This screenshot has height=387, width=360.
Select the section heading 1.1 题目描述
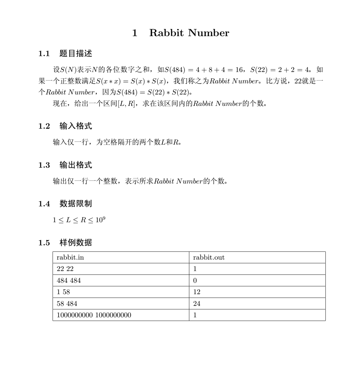pyautogui.click(x=65, y=54)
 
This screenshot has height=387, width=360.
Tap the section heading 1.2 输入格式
pyautogui.click(x=65, y=126)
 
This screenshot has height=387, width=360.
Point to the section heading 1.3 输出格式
pyautogui.click(x=65, y=165)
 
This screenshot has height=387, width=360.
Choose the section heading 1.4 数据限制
pyautogui.click(x=65, y=204)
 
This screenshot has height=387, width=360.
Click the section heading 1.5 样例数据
pyautogui.click(x=65, y=243)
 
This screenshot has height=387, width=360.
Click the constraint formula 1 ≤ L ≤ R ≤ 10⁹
pyautogui.click(x=79, y=220)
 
